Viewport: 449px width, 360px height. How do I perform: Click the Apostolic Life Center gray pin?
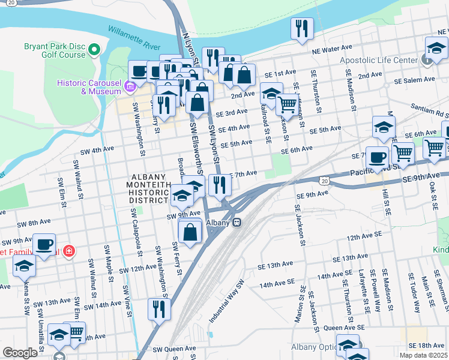click(x=426, y=61)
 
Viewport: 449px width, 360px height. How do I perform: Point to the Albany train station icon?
click(x=237, y=222)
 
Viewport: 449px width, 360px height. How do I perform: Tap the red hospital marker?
click(x=70, y=250)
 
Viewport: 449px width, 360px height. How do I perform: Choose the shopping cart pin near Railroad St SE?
click(x=288, y=104)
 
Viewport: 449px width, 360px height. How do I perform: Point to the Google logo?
click(x=20, y=353)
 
